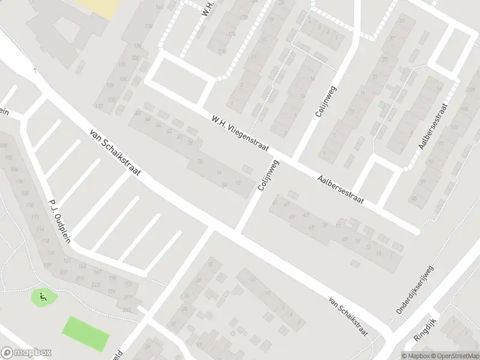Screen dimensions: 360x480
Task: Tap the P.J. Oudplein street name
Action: [x=60, y=221]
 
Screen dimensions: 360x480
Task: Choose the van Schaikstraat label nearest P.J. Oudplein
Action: [x=115, y=154]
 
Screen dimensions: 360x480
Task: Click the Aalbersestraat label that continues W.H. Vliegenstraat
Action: [x=341, y=188]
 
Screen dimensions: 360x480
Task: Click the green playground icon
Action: [x=42, y=296]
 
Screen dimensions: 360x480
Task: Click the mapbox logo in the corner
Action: [x=26, y=353]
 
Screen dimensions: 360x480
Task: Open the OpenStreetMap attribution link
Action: [x=454, y=355]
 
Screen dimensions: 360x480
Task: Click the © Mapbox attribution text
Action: [x=416, y=355]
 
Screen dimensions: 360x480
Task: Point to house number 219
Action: [x=127, y=298]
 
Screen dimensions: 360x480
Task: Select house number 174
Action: [x=232, y=34]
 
